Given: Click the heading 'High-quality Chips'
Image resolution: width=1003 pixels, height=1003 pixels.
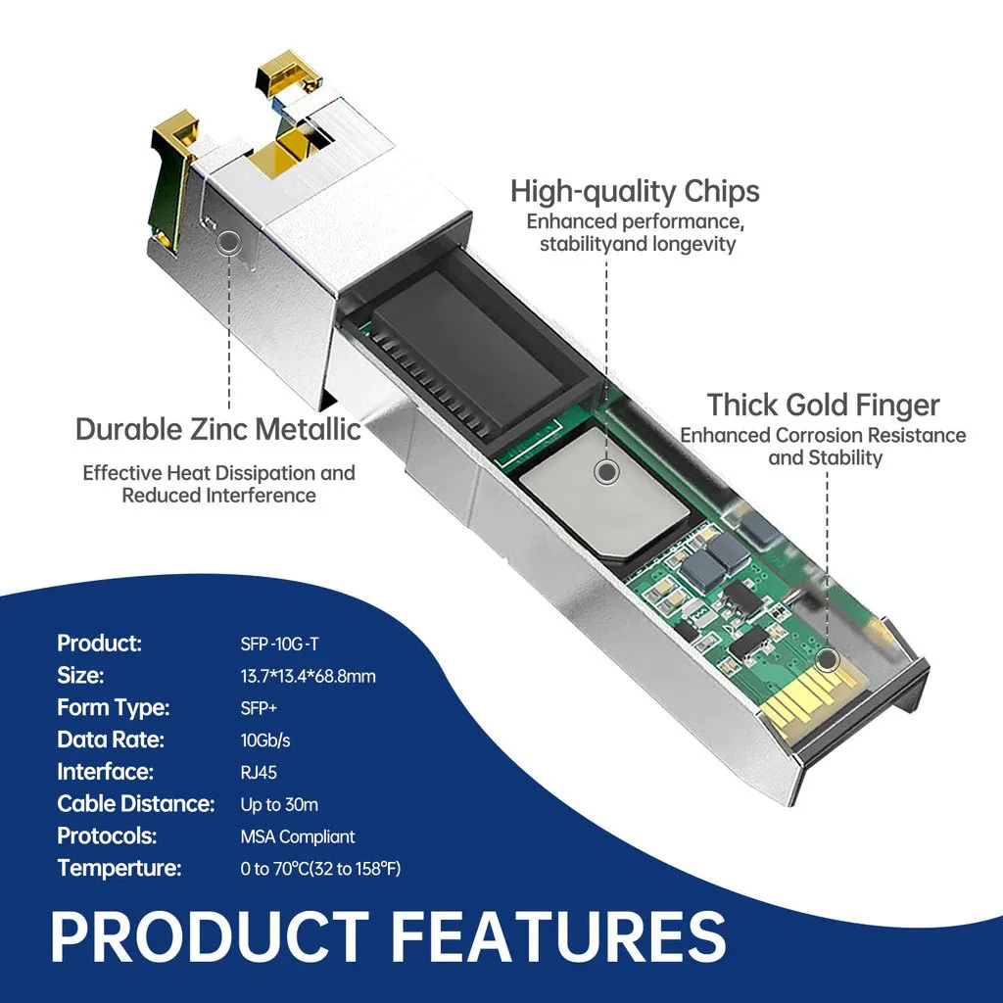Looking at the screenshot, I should pos(635,190).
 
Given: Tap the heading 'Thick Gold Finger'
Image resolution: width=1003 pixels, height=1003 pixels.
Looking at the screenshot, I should pos(823,405).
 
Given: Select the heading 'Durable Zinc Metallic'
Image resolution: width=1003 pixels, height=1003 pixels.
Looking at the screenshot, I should pos(218,429).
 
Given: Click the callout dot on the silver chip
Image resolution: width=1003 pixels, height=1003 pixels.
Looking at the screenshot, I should pos(607,473).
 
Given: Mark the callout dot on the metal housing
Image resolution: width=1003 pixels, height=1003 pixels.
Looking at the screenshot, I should pos(229,241).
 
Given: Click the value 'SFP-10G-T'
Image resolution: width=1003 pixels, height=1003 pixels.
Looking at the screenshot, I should pos(279,644).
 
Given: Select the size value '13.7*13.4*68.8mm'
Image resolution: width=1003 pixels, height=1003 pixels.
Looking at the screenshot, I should pos(308,676).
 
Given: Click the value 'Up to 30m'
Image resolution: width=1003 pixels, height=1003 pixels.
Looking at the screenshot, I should pos(279,804).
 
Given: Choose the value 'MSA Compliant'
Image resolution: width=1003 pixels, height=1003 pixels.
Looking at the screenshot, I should pos(298,836).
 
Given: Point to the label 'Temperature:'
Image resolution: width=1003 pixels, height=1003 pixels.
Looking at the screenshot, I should pos(119,868).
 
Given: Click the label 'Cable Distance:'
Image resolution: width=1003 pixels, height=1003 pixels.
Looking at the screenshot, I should pos(136,804).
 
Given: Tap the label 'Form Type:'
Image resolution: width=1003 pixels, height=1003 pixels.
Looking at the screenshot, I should pos(114,707).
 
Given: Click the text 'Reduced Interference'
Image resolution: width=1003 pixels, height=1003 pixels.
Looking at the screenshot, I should pos(218,496).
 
